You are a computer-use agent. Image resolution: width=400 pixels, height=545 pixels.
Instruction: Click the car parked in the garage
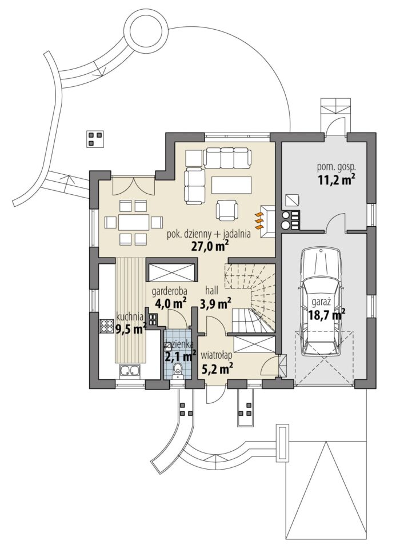click(x=322, y=301)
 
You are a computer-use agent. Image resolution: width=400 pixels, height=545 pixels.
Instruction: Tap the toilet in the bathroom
click(x=178, y=370)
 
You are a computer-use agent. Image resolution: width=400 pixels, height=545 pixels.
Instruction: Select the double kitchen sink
click(x=130, y=371)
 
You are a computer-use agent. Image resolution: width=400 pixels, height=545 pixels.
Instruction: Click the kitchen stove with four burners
click(x=106, y=325)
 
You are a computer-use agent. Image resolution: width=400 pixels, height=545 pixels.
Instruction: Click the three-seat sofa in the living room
click(x=227, y=158)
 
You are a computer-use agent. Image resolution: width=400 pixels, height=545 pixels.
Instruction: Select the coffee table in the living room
click(x=231, y=186)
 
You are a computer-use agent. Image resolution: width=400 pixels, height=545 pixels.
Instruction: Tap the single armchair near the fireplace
click(x=227, y=210)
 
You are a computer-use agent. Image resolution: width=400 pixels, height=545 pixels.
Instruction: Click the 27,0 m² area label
click(x=210, y=246)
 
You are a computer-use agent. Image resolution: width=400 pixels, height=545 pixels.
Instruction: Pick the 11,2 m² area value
click(x=337, y=180)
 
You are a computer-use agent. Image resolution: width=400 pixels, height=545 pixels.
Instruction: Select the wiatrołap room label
click(x=216, y=355)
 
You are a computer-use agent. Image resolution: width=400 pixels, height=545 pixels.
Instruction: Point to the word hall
click(x=211, y=290)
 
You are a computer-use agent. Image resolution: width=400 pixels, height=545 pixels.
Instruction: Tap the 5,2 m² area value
click(x=217, y=367)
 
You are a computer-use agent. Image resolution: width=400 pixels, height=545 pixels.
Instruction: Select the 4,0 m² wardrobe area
click(x=169, y=303)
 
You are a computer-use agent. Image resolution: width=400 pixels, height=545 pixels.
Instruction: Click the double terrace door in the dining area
click(x=133, y=186)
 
